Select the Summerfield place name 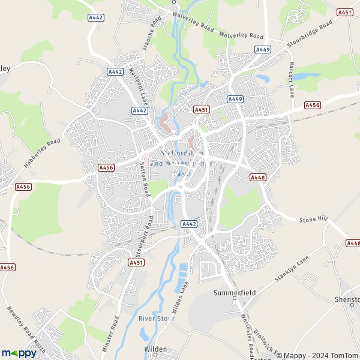(234, 293)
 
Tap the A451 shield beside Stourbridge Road (344, 12)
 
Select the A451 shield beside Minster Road (136, 262)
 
